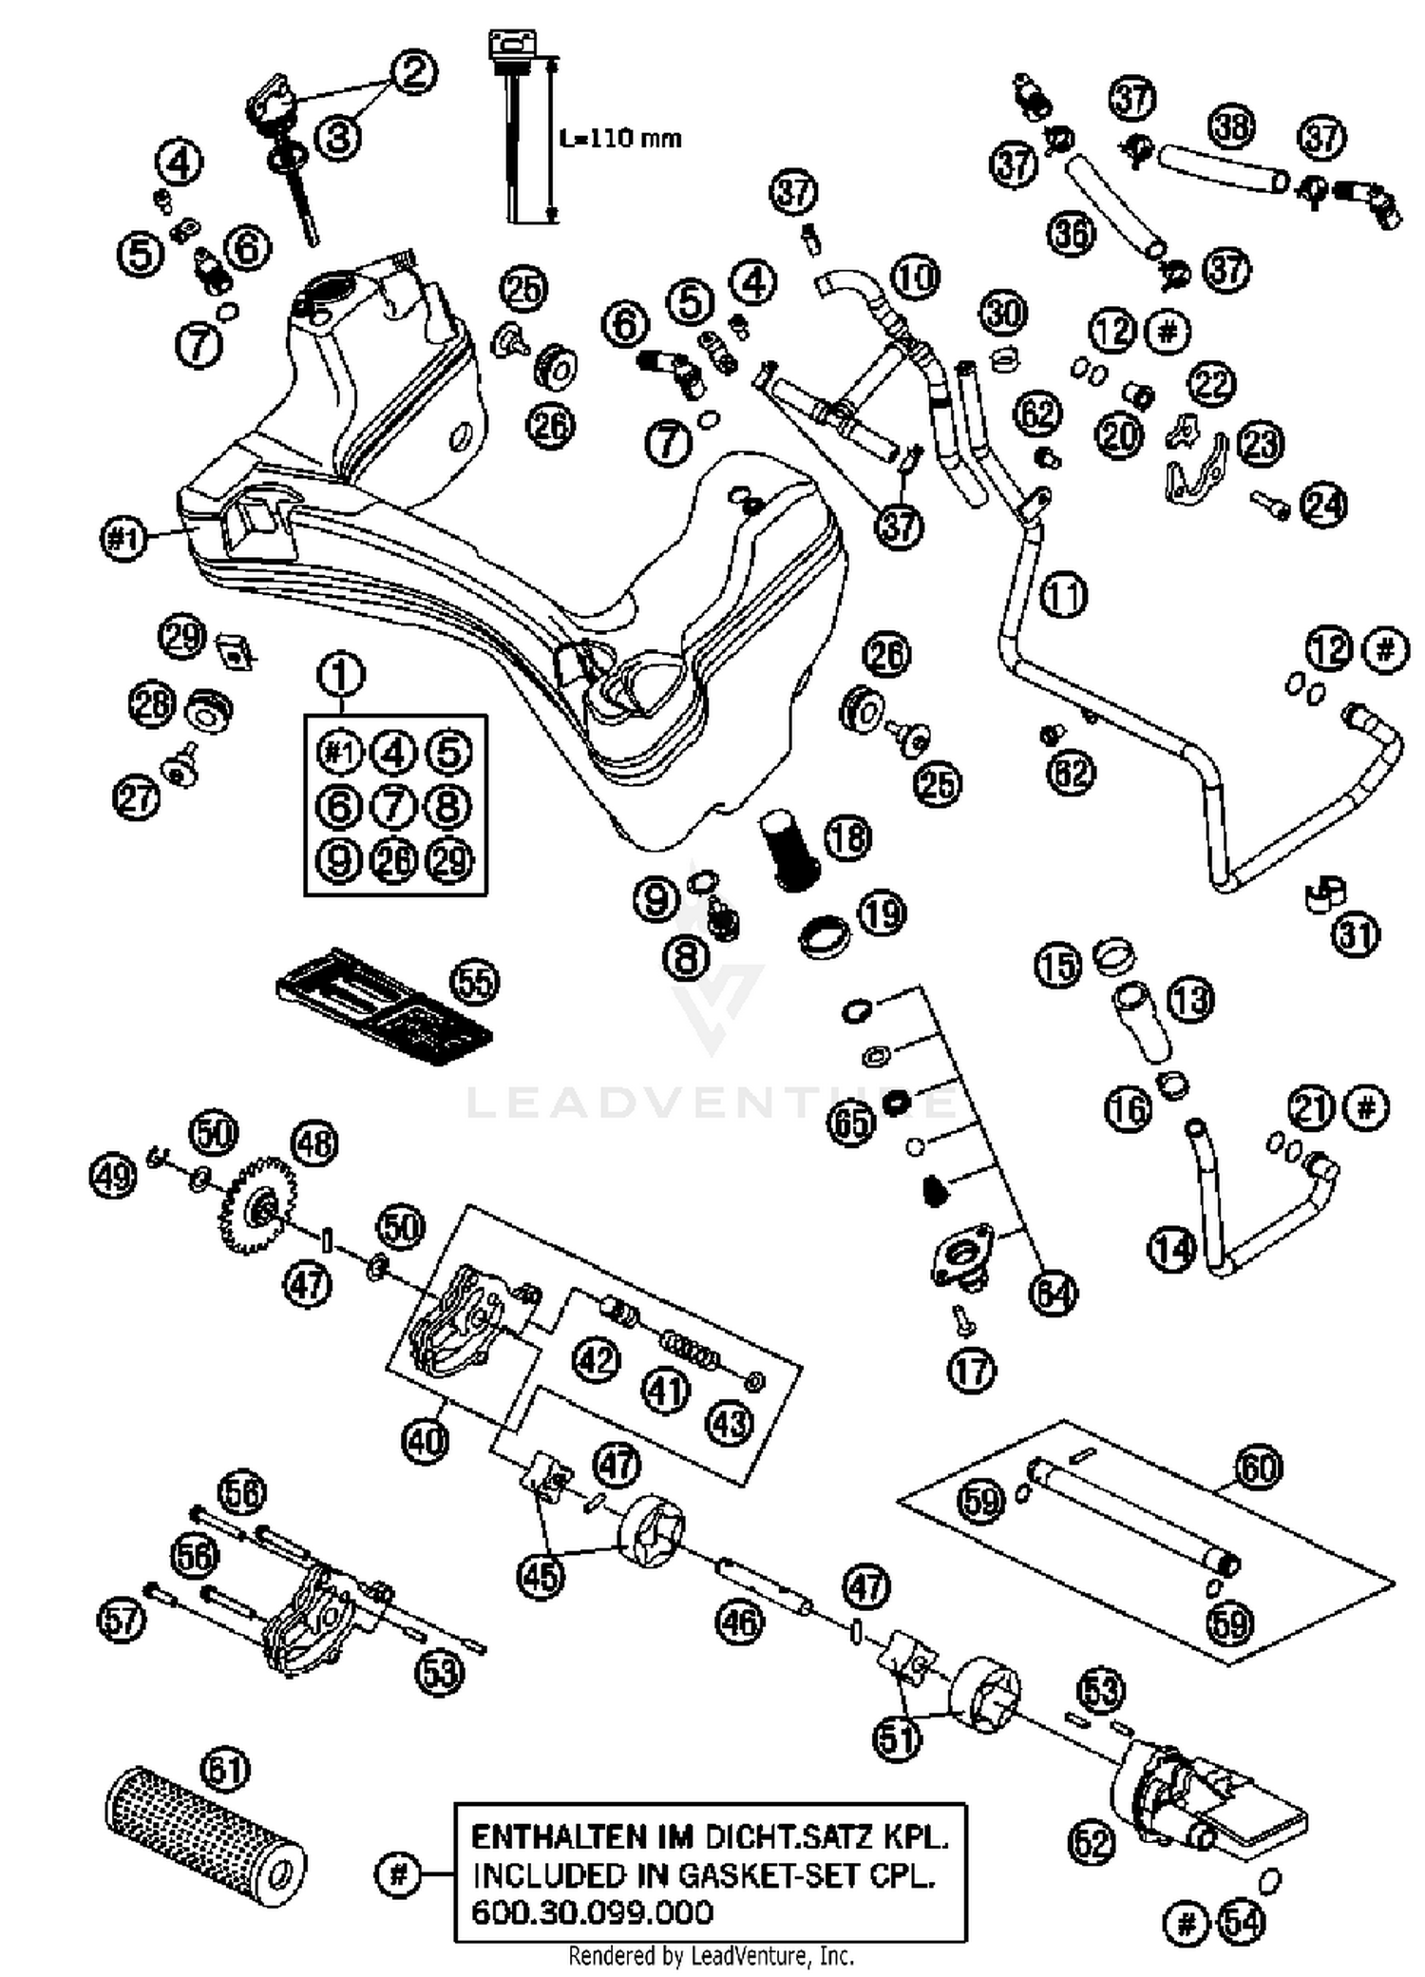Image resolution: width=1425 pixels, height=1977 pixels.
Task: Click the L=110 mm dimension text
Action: (x=620, y=139)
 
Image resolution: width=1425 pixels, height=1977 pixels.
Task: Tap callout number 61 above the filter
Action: (x=226, y=1770)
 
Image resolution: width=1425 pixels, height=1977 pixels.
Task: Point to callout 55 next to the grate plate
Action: (x=475, y=981)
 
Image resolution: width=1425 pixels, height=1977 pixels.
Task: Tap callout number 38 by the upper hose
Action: (x=1232, y=126)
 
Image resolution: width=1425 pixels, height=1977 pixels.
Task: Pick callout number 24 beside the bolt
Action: (x=1323, y=505)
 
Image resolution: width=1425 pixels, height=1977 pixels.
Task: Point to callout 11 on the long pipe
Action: (x=1063, y=596)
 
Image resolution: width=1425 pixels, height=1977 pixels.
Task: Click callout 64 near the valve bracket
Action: (x=1054, y=1294)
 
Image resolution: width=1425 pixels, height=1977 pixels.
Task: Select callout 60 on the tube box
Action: (x=1259, y=1468)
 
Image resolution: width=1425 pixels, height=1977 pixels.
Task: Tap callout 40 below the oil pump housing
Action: (x=424, y=1441)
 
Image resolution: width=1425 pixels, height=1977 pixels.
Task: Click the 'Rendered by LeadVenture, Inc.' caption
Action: (x=711, y=1956)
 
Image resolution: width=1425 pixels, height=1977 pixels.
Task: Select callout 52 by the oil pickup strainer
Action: (x=1091, y=1844)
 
